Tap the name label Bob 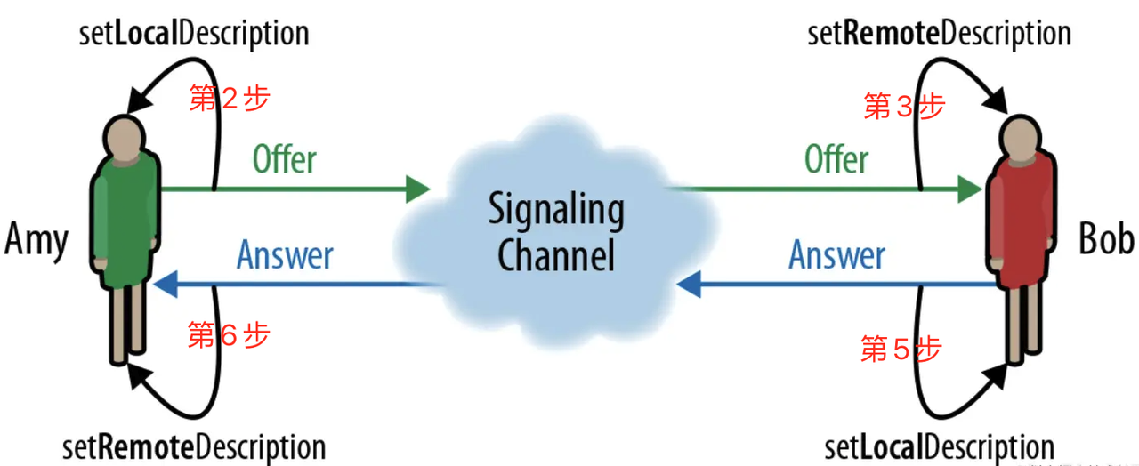pos(1105,238)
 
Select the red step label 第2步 pos(230,98)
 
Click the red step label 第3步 pos(904,106)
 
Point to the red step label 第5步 pos(901,349)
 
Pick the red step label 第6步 pos(229,334)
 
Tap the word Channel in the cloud pos(556,255)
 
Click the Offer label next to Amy pos(285,159)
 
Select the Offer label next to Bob pos(836,159)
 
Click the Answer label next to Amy pos(285,254)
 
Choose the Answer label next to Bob pos(837,254)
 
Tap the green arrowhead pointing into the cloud pos(418,189)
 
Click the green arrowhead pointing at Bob pos(970,189)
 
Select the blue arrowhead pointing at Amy pos(166,284)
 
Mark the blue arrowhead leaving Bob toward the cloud pos(689,284)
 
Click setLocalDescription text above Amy pos(194,34)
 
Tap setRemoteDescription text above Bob pos(939,34)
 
